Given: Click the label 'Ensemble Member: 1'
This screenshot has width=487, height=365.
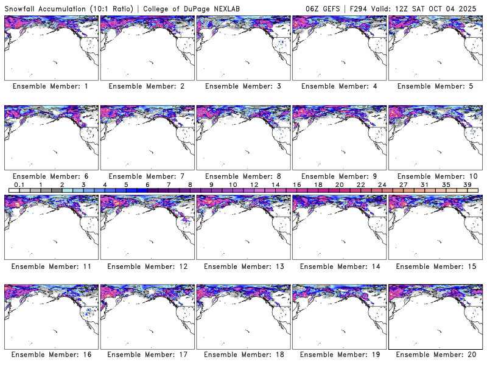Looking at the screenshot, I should coord(51,86).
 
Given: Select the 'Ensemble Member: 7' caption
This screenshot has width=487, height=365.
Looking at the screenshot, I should coord(147,176).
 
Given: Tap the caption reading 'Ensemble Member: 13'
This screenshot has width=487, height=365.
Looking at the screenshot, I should coord(243,266).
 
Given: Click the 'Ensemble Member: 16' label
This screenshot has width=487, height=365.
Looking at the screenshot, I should coord(51,355).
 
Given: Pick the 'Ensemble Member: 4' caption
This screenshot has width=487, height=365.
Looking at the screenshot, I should coord(338,86).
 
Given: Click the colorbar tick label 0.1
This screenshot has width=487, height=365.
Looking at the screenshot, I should coord(19,184).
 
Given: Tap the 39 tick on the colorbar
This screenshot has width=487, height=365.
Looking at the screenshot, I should coord(468,184).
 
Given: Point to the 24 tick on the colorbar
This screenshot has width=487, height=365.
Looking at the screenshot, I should coord(382,184).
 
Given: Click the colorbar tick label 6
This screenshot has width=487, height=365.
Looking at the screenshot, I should coord(147,184).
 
